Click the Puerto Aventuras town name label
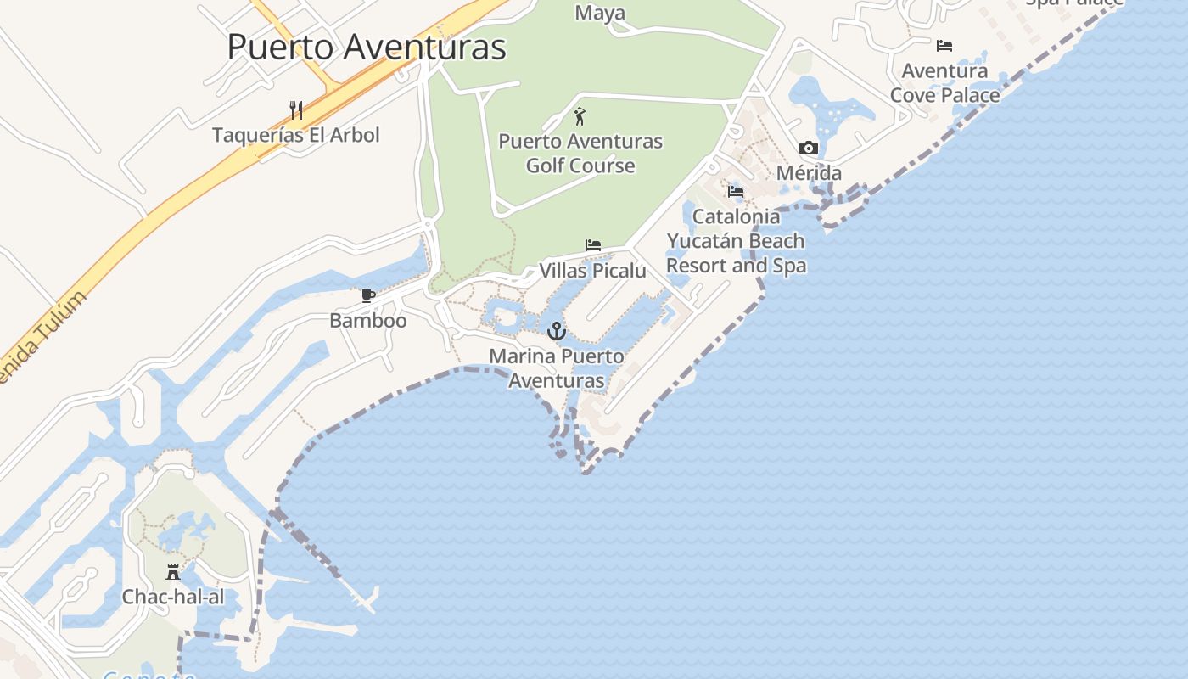pos(366,47)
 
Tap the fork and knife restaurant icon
pos(296,110)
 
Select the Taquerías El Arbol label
pos(296,135)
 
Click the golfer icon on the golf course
pos(580,116)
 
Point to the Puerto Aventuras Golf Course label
pos(580,153)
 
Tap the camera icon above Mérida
pos(809,149)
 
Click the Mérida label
pos(810,173)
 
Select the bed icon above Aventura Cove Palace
pos(944,46)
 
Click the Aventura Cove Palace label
pos(944,83)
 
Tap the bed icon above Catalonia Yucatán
pos(736,192)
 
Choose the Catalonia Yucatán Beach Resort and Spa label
pos(736,241)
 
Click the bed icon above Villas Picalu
pos(593,246)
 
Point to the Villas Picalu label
pos(593,271)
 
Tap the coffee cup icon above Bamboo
pos(367,296)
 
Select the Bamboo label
pos(368,321)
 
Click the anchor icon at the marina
pos(557,331)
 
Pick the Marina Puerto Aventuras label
pos(557,368)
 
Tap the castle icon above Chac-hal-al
pos(173,571)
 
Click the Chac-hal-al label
pos(173,597)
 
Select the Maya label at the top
pos(600,13)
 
